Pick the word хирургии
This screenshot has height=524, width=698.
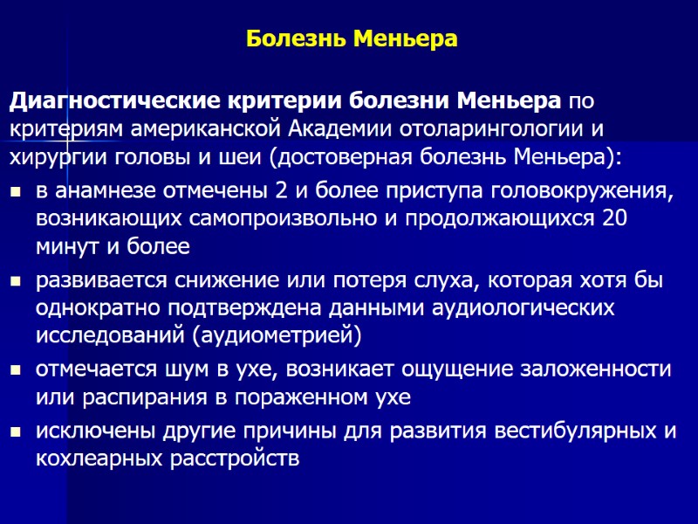click(51, 158)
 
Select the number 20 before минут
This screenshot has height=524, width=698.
click(616, 218)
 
